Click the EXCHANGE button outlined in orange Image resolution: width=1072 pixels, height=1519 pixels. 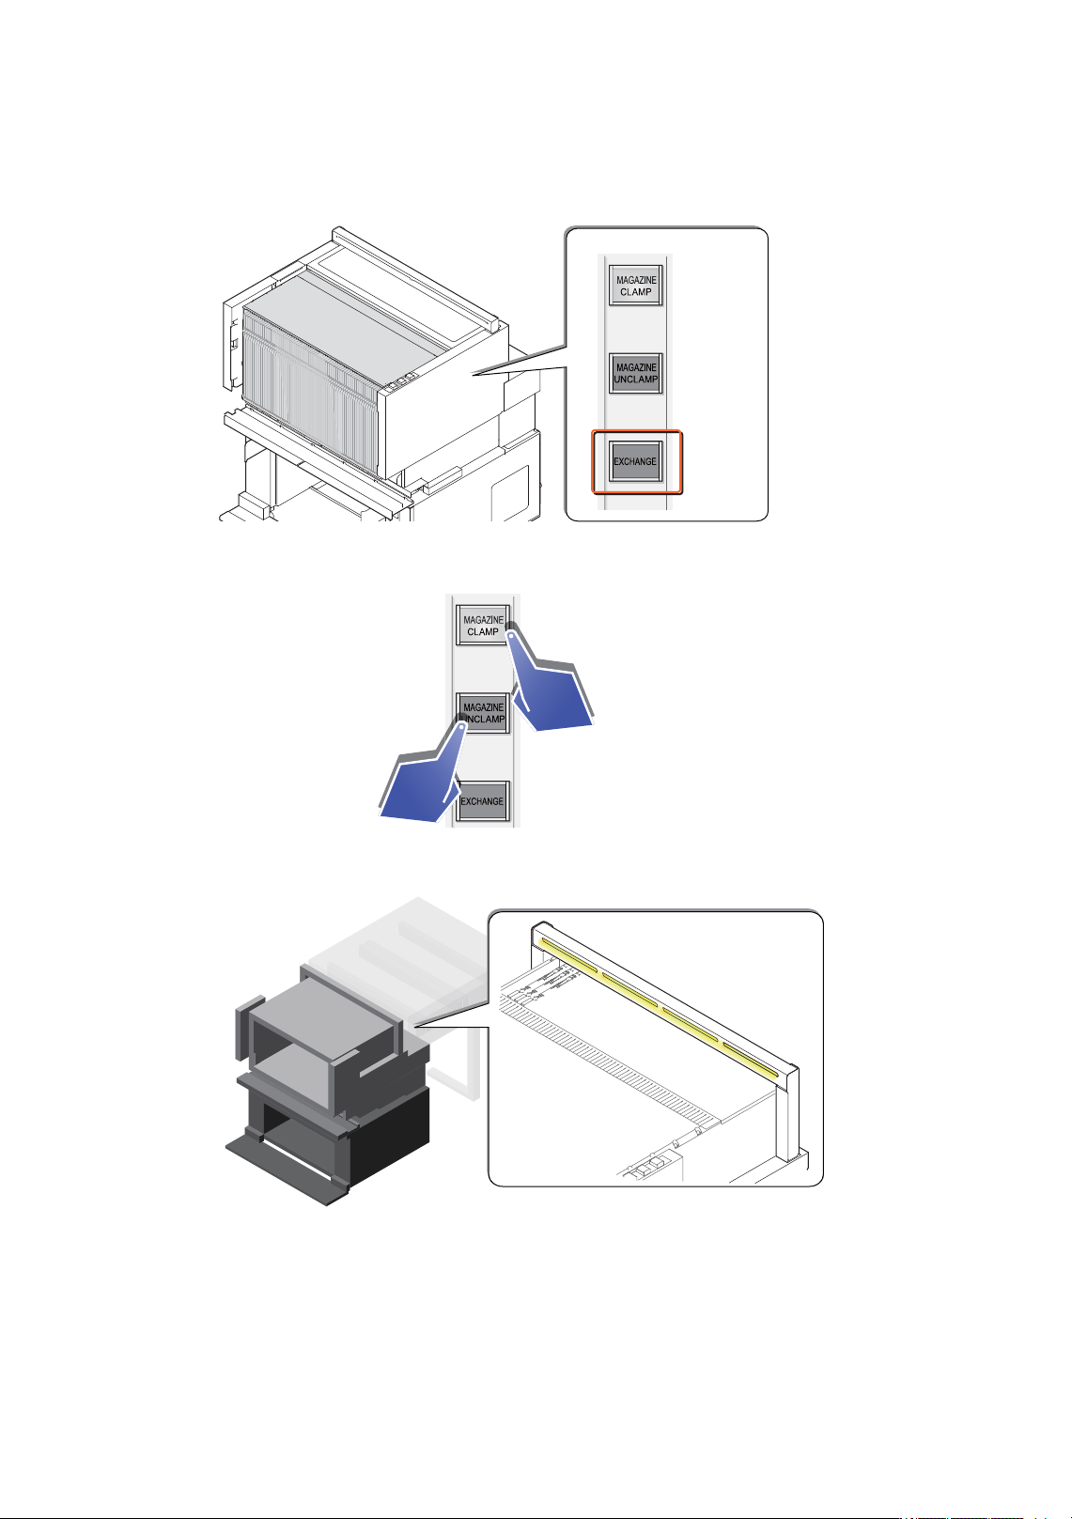[x=635, y=461]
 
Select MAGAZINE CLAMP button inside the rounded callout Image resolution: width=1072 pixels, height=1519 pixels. [x=635, y=286]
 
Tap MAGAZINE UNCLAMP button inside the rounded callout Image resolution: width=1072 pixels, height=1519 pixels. [x=635, y=373]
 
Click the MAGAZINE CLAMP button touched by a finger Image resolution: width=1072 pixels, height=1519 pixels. [x=482, y=626]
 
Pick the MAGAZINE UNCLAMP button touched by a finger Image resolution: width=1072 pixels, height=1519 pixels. [x=482, y=713]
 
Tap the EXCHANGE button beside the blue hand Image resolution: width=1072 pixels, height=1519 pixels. [x=482, y=801]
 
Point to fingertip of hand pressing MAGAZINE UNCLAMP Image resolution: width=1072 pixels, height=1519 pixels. [x=461, y=725]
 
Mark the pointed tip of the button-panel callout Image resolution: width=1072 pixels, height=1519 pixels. [x=474, y=373]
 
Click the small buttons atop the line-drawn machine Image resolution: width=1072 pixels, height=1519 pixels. [x=399, y=380]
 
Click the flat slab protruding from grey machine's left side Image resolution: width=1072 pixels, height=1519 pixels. [x=248, y=1028]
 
